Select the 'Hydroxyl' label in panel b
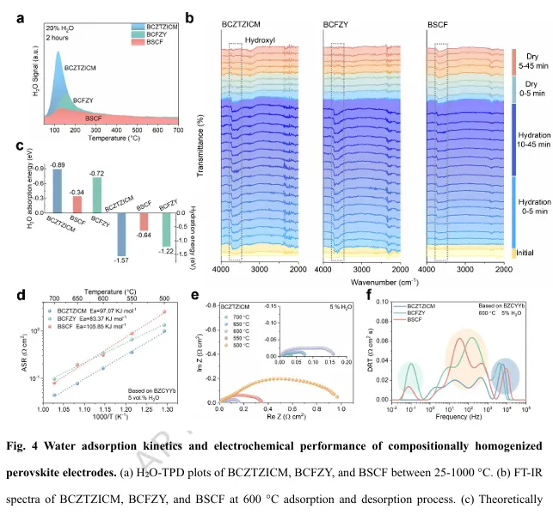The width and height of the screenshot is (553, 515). (260, 39)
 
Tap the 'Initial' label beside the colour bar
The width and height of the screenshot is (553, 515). (529, 253)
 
